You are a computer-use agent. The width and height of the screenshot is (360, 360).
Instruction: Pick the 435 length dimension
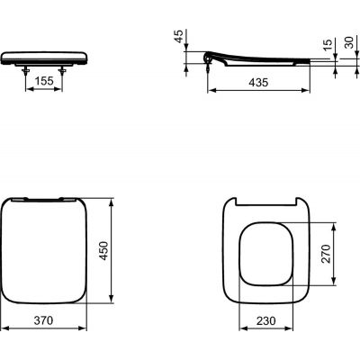(x=259, y=82)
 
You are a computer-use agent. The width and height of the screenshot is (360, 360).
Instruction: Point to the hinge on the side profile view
(x=212, y=59)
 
